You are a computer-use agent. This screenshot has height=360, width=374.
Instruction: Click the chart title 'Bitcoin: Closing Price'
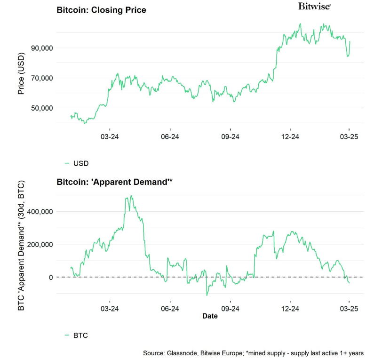tap(101, 10)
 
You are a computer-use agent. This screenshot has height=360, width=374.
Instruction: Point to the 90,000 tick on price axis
tap(40, 48)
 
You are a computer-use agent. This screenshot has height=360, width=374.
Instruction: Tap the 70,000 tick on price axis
tap(40, 78)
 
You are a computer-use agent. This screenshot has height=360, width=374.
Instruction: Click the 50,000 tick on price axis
tap(40, 108)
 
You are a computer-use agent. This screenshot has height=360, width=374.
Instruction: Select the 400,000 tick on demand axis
tap(38, 212)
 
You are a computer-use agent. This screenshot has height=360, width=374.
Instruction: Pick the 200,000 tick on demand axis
tap(38, 245)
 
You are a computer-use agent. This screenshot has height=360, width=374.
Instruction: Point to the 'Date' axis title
tap(210, 316)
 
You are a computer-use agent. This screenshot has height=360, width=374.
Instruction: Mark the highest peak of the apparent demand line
tap(131, 196)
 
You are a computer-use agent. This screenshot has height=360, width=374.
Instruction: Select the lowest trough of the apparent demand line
tap(207, 295)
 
